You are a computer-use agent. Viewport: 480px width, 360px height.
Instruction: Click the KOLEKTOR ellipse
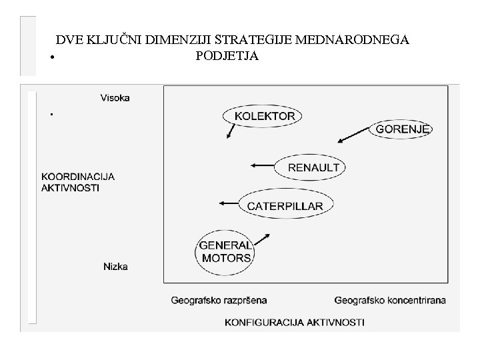click(x=263, y=116)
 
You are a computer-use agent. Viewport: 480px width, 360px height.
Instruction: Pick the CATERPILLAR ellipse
click(x=285, y=205)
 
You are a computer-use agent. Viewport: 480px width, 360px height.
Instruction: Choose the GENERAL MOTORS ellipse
click(x=225, y=251)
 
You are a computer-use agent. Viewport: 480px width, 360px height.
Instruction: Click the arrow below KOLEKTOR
click(x=230, y=131)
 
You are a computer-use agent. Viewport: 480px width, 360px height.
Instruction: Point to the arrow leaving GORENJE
click(x=353, y=136)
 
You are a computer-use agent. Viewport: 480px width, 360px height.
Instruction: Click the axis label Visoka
click(x=115, y=97)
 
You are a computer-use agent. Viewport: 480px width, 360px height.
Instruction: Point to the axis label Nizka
click(x=115, y=267)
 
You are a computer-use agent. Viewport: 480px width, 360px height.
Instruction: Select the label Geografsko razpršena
click(x=219, y=301)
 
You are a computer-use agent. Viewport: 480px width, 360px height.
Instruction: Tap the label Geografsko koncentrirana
click(x=390, y=301)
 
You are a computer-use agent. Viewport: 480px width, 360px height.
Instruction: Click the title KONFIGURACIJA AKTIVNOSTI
click(x=295, y=322)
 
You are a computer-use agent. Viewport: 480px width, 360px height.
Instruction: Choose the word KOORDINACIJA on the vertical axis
click(x=78, y=177)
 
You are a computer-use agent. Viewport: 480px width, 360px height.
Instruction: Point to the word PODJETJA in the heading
click(x=227, y=55)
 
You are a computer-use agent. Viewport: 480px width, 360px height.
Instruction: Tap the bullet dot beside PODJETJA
click(x=51, y=57)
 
